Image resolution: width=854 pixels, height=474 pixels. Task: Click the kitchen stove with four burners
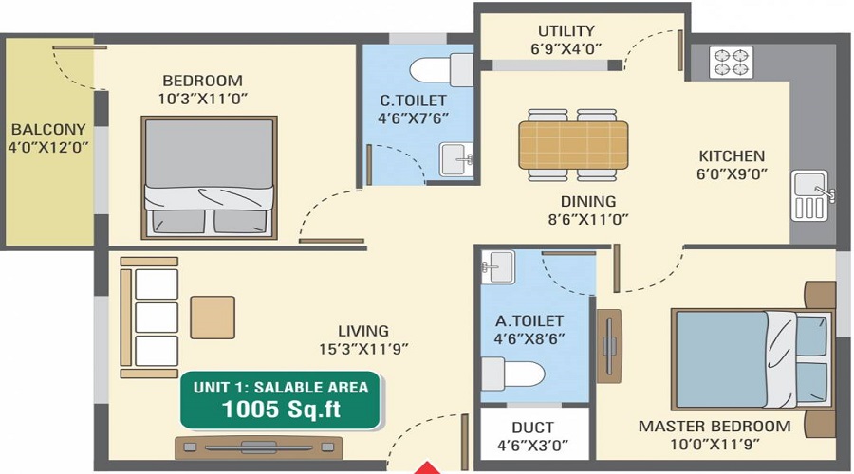(731, 63)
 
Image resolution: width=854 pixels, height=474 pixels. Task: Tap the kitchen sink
(810, 195)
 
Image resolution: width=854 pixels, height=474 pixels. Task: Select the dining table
(573, 144)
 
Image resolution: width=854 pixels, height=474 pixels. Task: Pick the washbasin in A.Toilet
(497, 266)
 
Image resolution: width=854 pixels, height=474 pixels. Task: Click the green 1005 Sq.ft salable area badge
(281, 399)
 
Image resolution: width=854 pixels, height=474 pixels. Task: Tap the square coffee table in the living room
(212, 317)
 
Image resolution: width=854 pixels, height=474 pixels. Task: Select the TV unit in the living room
(258, 447)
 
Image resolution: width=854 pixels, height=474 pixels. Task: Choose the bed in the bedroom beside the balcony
(210, 177)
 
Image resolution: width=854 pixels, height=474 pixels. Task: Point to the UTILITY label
(566, 31)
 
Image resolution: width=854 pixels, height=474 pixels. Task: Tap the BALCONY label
(48, 129)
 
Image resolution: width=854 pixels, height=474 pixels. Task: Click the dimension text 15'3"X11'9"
(363, 348)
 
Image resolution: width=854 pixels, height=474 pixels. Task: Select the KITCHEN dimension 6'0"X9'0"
(732, 173)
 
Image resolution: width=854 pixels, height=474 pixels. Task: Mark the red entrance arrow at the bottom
(430, 466)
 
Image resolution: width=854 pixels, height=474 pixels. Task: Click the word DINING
(588, 201)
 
